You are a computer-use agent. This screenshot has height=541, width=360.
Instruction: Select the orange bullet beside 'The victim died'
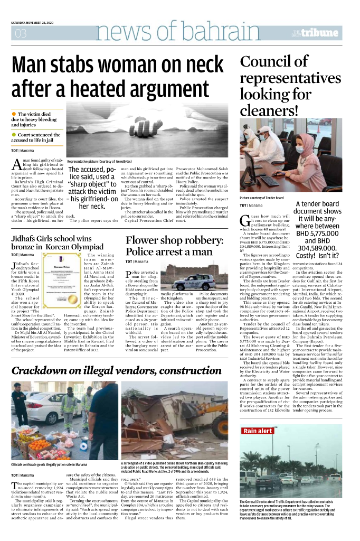pos(14,114)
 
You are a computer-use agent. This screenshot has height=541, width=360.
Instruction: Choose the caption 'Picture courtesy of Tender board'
pos(268,198)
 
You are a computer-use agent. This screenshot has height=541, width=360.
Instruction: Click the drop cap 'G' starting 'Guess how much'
pos(244,220)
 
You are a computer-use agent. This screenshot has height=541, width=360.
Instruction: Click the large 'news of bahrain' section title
pos(164,33)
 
